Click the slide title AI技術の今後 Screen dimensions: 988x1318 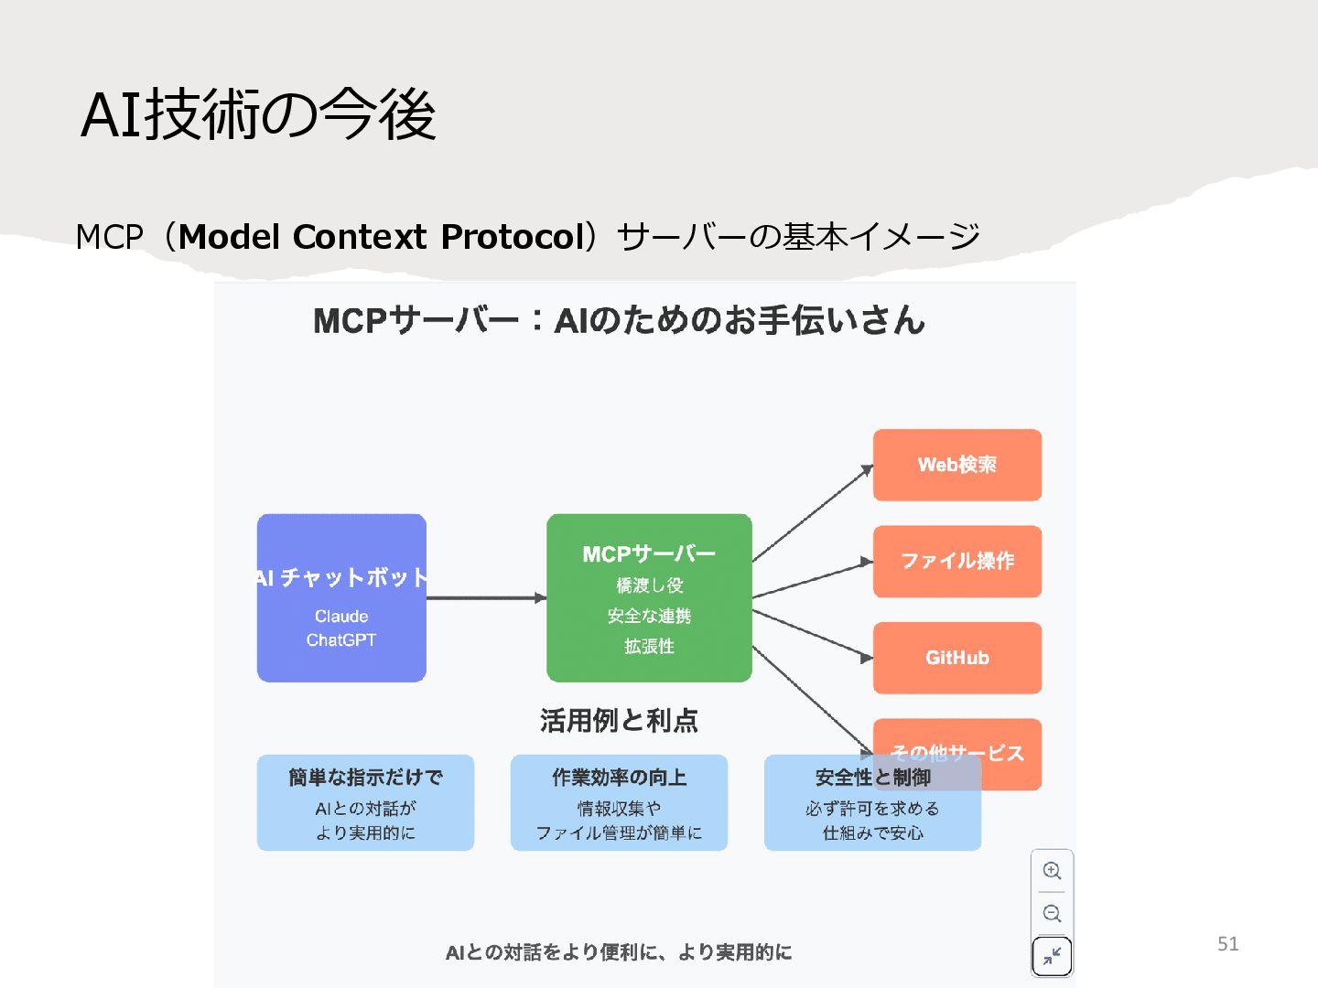point(258,115)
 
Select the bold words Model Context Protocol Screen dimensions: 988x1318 point(382,237)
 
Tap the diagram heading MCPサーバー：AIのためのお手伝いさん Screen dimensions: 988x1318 point(619,321)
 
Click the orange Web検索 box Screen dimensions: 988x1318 point(956,465)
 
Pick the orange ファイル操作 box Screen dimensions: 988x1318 point(956,561)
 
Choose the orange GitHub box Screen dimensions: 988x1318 point(956,658)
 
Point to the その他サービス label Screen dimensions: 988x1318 point(956,753)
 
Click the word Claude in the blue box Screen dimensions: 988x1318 point(341,617)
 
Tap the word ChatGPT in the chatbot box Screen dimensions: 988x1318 point(341,640)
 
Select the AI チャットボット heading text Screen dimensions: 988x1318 point(341,577)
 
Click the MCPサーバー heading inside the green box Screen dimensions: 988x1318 point(649,554)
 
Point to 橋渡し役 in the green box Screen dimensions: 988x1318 point(649,585)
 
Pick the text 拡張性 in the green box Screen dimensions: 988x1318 point(649,647)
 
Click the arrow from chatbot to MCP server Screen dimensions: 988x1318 point(485,598)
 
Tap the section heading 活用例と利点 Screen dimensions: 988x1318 point(619,721)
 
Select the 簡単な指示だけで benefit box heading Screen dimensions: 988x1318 point(365,778)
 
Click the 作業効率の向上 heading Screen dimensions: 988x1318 point(619,778)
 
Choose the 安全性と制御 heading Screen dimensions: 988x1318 point(872,778)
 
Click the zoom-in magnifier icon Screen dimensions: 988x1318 point(1052,871)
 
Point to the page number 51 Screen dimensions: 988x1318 point(1227,944)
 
